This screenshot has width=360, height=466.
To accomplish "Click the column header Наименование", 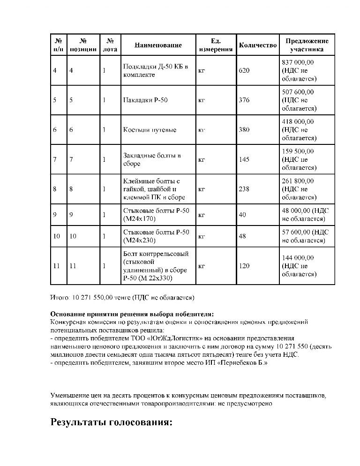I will click(x=158, y=45).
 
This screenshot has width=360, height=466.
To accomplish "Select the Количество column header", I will click(x=258, y=45).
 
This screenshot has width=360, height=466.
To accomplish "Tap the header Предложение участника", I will click(x=307, y=45).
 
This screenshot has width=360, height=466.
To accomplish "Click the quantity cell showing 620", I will click(x=244, y=70).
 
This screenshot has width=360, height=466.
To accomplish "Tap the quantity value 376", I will click(x=244, y=100).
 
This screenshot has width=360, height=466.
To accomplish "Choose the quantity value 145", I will click(x=244, y=159).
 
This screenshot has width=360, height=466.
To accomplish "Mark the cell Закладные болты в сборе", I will click(x=151, y=159).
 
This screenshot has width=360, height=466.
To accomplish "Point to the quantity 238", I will click(x=244, y=189).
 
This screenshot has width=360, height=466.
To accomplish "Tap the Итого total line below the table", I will click(x=122, y=297).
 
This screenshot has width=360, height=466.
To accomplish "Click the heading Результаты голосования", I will click(x=112, y=422).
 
